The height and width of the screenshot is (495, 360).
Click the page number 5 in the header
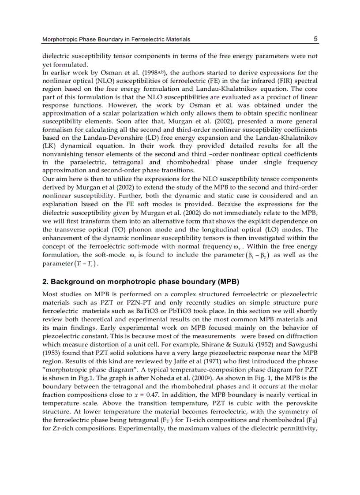[315, 39]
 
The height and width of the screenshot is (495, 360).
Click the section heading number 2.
[45, 282]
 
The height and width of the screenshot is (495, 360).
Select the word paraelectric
[81, 162]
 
